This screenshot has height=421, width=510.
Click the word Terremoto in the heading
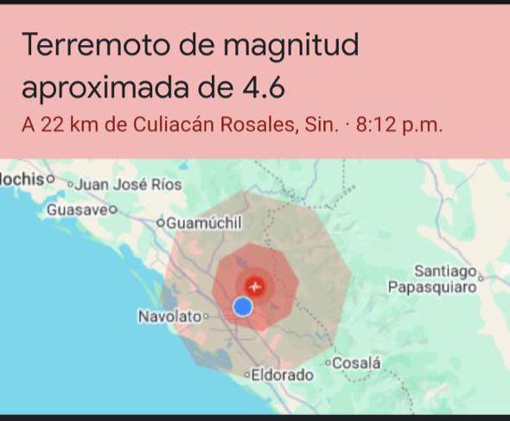pyautogui.click(x=87, y=45)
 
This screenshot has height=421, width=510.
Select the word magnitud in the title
pyautogui.click(x=290, y=45)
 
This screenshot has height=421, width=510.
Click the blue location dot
pyautogui.click(x=244, y=306)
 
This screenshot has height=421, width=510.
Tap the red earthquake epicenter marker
pyautogui.click(x=255, y=284)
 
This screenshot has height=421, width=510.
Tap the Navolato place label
pyautogui.click(x=169, y=317)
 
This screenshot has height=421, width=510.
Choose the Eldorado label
pyautogui.click(x=282, y=376)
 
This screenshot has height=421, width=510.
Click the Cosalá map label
pyautogui.click(x=357, y=363)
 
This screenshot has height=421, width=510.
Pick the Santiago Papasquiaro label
pyautogui.click(x=432, y=278)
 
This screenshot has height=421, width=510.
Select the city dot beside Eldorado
pyautogui.click(x=246, y=376)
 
